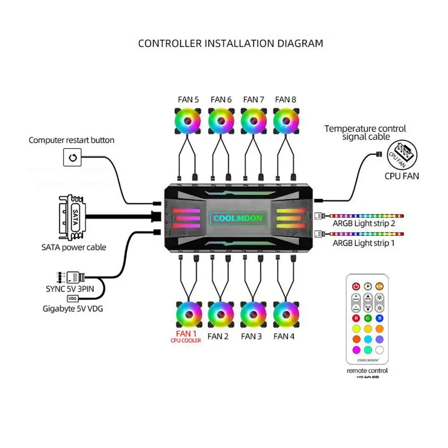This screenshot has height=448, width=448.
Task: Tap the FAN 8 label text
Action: (285, 99)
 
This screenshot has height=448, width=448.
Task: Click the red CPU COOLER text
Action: (186, 341)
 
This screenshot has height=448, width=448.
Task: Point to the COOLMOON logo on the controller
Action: (238, 218)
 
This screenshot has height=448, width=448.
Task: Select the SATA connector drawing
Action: (71, 217)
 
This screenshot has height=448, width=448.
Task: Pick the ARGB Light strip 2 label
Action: (364, 224)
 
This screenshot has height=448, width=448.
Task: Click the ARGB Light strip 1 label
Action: (364, 243)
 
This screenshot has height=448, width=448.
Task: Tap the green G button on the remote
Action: (368, 318)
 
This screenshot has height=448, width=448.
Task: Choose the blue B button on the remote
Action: (379, 318)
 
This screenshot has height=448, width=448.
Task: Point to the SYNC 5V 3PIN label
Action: (70, 289)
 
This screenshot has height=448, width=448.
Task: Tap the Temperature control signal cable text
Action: (365, 133)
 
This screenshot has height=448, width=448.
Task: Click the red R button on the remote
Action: (356, 318)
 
